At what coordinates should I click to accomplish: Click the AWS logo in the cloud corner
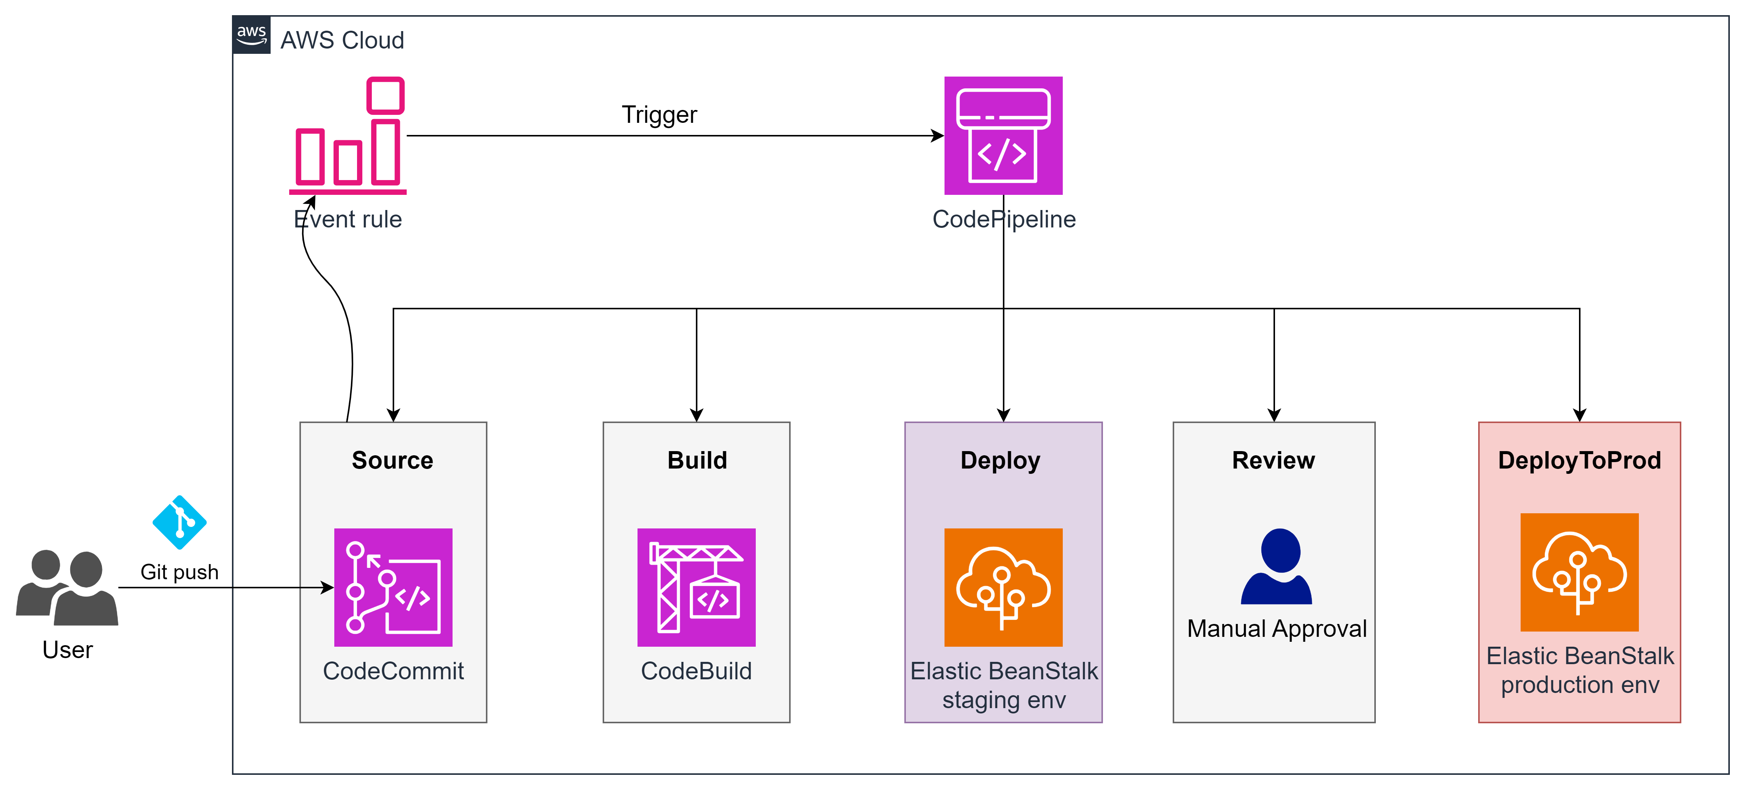(251, 34)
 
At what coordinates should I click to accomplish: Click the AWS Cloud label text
(342, 41)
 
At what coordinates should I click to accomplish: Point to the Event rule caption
(348, 219)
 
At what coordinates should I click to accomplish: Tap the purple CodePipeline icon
(1003, 135)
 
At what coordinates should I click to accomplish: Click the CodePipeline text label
(1003, 219)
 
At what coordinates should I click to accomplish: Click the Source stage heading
(392, 461)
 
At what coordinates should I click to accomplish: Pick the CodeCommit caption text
(393, 671)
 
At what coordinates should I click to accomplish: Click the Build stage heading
(697, 461)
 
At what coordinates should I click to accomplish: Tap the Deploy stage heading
(1001, 461)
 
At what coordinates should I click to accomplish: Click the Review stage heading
(1274, 461)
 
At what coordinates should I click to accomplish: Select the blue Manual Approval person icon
(1277, 566)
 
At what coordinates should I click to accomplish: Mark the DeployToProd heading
(1579, 461)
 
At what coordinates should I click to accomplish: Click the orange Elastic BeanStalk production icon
(1579, 572)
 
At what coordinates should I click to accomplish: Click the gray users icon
(68, 588)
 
